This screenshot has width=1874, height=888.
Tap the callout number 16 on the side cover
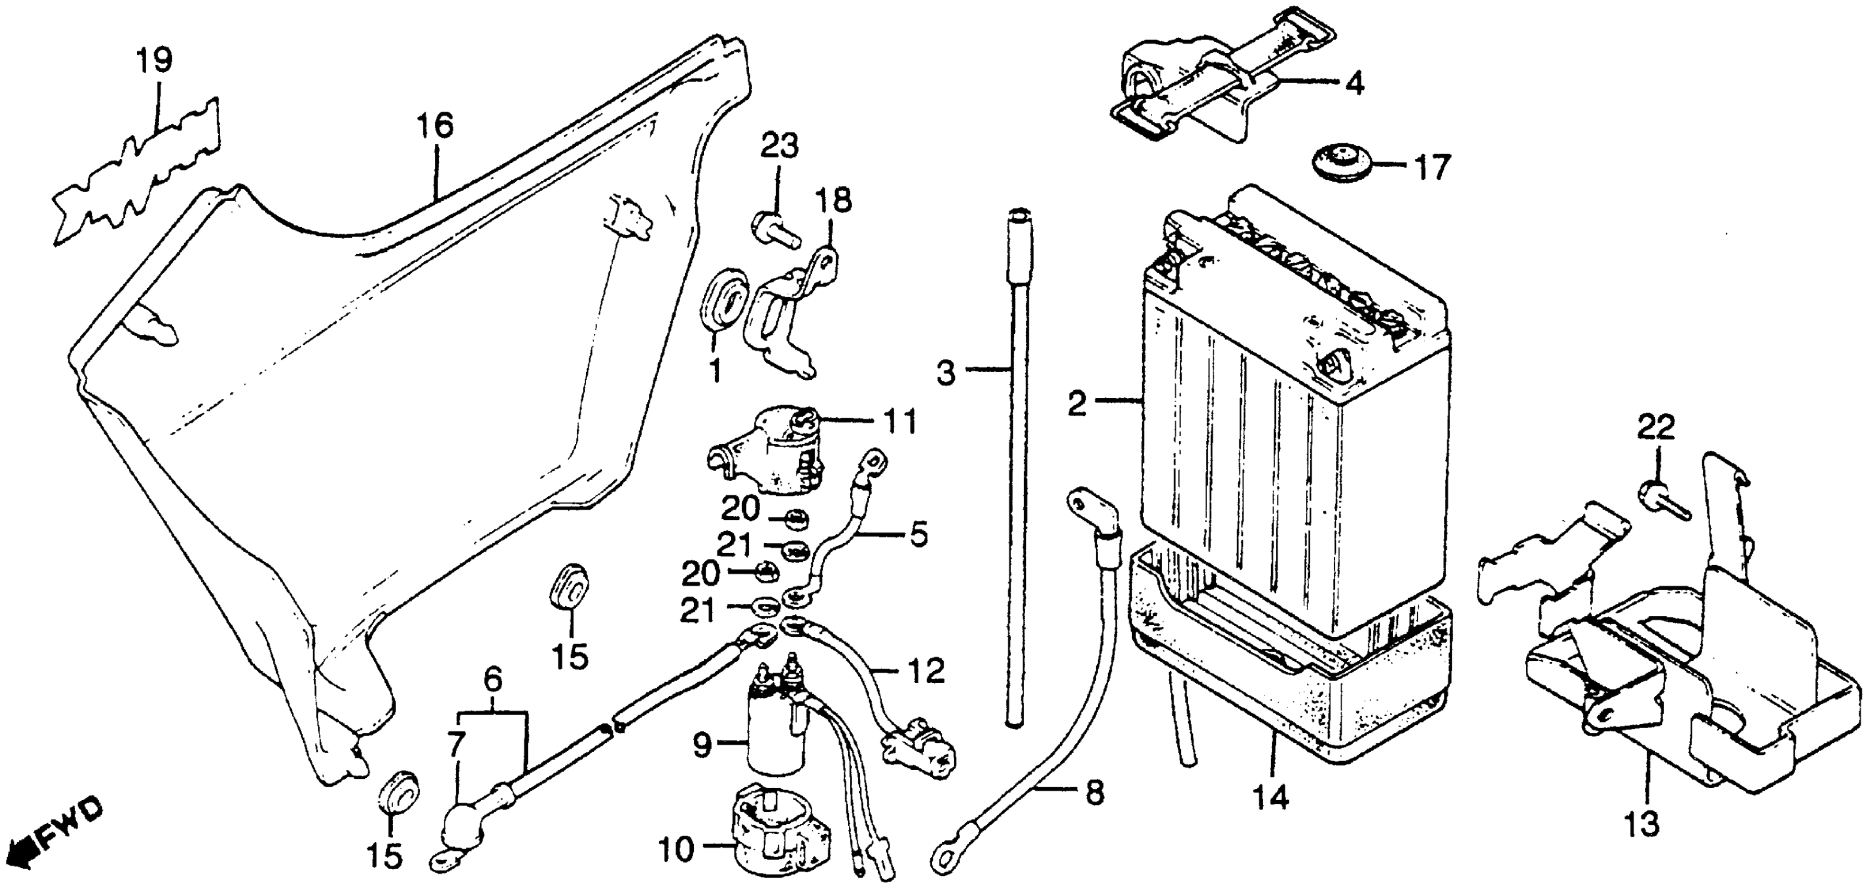(x=435, y=126)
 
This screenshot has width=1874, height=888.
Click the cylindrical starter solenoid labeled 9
(x=777, y=731)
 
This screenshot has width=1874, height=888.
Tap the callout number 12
(x=926, y=672)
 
